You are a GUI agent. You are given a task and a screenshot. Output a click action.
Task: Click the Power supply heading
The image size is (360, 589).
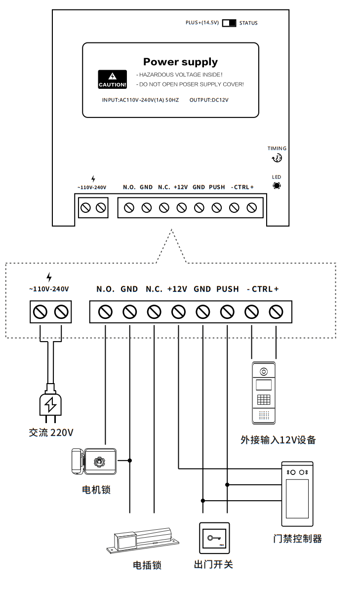(180, 62)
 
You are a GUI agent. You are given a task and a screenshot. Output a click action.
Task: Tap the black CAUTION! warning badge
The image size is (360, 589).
(113, 79)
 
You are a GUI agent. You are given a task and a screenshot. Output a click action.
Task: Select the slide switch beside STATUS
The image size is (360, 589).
(229, 23)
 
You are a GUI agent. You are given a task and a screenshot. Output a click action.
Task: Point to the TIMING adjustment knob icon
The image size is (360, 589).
(277, 158)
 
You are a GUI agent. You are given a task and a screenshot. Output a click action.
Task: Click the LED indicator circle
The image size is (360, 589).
(277, 186)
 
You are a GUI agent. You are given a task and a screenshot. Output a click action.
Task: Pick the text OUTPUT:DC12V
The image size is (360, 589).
(209, 100)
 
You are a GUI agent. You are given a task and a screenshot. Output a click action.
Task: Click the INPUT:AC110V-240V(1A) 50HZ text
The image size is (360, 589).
(140, 100)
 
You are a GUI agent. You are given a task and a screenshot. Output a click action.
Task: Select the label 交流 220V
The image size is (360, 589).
(51, 433)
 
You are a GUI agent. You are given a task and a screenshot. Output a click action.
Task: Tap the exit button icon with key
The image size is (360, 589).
(214, 538)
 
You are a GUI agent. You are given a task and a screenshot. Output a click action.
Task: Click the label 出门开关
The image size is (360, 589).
(213, 564)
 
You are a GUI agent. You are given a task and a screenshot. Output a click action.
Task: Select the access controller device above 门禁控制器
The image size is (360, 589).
(297, 494)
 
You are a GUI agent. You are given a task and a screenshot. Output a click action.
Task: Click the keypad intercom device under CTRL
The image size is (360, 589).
(264, 393)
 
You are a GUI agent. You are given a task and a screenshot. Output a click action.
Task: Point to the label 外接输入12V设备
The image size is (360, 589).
(278, 439)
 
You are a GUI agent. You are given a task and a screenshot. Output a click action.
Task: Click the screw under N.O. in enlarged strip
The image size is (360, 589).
(106, 312)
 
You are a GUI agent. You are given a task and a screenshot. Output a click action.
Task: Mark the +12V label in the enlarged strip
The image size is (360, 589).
(177, 289)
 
